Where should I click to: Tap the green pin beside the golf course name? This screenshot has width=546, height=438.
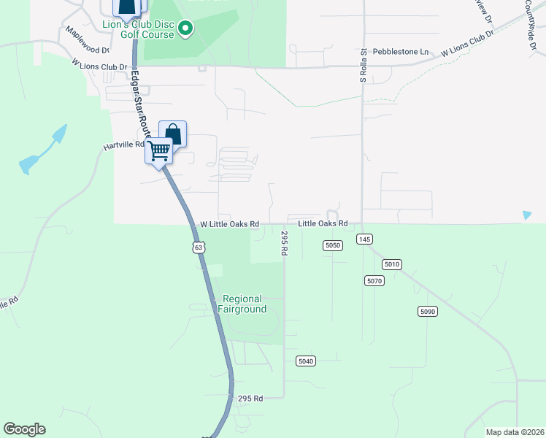click(185, 29)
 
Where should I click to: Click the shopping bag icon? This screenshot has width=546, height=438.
click(173, 134)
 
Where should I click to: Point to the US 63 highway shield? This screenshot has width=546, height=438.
click(199, 247)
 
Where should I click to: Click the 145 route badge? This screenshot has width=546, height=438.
click(365, 239)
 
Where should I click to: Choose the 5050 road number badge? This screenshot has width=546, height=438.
click(332, 245)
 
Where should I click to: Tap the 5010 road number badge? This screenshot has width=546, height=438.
click(392, 264)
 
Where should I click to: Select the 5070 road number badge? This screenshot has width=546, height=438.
click(374, 280)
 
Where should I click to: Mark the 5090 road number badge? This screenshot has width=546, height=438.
click(428, 312)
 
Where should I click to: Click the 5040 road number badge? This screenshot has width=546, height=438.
click(306, 361)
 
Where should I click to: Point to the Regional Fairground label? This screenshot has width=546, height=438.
click(242, 304)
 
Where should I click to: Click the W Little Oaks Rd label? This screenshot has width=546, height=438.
click(230, 224)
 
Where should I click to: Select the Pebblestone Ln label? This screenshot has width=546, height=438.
click(401, 52)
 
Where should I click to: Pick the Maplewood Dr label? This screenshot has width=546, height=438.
click(87, 41)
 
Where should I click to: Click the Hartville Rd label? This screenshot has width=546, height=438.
click(125, 146)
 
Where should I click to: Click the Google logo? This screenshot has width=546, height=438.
click(24, 429)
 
